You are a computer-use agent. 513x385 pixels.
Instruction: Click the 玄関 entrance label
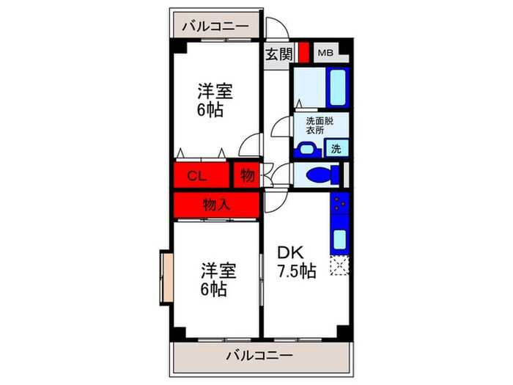[278, 54]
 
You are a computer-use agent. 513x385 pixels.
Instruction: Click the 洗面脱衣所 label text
[320, 125]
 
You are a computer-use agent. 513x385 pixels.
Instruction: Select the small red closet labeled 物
[246, 176]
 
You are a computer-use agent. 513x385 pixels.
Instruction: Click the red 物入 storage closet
[217, 205]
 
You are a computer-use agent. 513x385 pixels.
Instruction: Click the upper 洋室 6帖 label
[215, 101]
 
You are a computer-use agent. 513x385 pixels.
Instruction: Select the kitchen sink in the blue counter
[339, 239]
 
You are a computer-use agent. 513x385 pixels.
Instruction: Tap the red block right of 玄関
[303, 55]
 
